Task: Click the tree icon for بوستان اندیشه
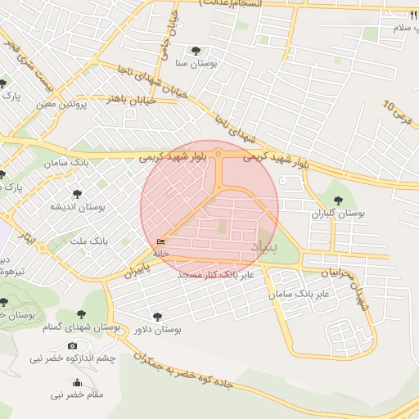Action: (77, 194)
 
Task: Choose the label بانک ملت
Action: (89, 241)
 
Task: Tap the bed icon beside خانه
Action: (160, 242)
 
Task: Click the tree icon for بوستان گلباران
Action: (337, 200)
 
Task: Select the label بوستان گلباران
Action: (337, 214)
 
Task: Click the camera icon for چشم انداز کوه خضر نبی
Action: (73, 346)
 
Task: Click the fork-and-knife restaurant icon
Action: (414, 16)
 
